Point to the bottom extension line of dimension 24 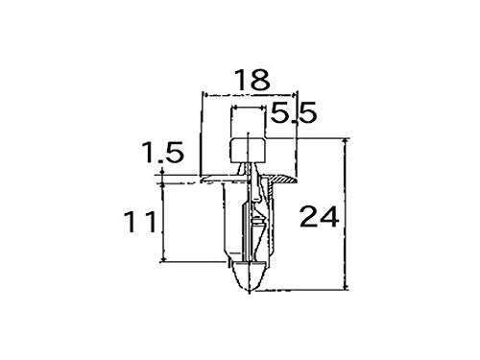(307, 291)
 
